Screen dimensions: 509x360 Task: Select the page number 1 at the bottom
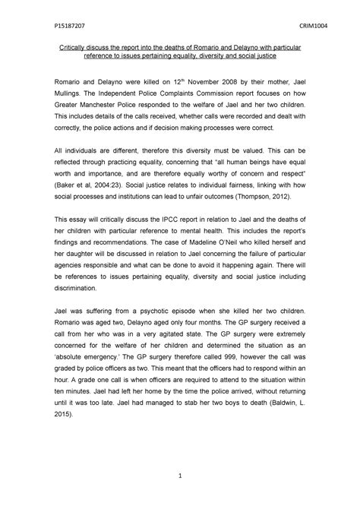click(180, 475)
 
